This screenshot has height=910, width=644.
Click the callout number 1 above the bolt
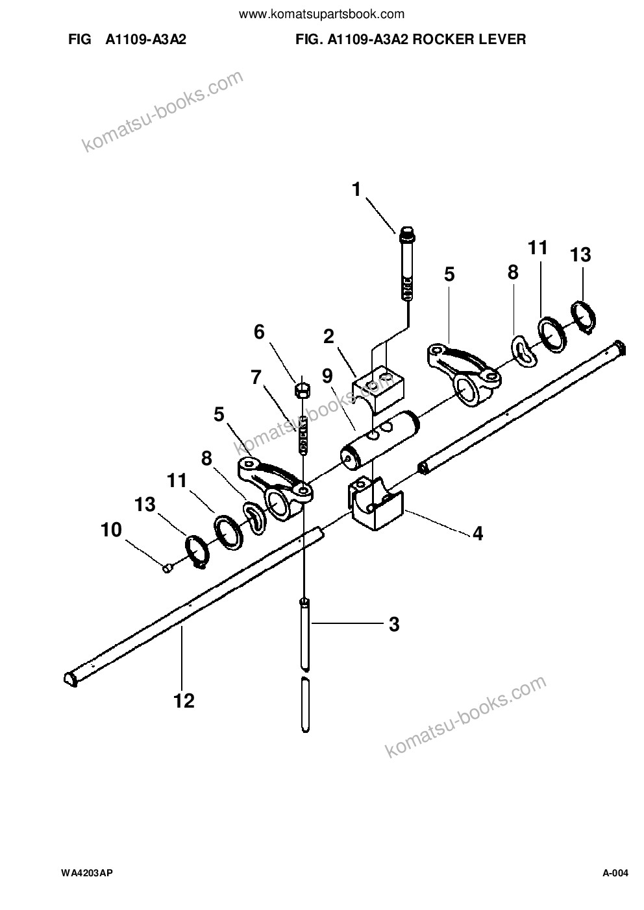(356, 190)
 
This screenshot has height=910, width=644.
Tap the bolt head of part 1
(408, 233)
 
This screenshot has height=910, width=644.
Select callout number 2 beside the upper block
(328, 337)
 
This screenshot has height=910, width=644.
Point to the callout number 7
(256, 377)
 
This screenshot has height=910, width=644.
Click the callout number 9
(327, 377)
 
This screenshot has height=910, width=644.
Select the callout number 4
(478, 533)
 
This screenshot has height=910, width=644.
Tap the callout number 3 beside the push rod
(394, 625)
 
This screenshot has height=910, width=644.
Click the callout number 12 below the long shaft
(184, 700)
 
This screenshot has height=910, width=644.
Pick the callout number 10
(111, 530)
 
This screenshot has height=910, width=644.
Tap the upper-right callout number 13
(580, 255)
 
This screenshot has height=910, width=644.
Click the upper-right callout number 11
(538, 248)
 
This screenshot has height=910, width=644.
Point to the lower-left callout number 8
(206, 459)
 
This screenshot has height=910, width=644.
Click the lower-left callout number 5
(219, 414)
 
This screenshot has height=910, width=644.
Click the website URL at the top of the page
(321, 15)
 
